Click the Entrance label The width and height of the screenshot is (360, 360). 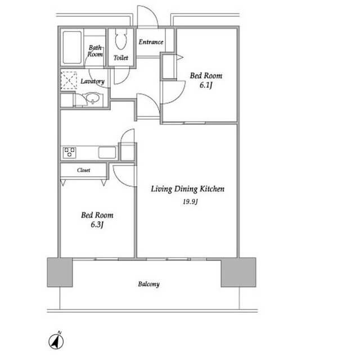pos(151,42)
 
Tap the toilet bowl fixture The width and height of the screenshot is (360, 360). pos(121,39)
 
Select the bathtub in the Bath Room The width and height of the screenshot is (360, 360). pos(72,47)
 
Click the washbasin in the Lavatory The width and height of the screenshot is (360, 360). pos(92,98)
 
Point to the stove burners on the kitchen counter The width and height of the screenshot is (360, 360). pos(69,152)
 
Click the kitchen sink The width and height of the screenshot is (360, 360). pos(107,152)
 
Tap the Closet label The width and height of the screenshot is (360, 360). pos(83,170)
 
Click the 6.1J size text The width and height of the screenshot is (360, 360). pos(205,85)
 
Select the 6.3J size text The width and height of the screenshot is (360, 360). pos(97,224)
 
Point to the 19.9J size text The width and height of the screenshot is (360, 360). pos(190,202)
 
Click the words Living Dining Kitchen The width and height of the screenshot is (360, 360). pos(187,189)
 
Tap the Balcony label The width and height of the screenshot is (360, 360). pos(148,284)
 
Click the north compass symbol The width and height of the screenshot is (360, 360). pos(56,341)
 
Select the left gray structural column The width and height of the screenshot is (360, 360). pos(60,272)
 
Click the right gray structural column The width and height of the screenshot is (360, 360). pos(238,272)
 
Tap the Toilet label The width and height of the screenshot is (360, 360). pos(121,57)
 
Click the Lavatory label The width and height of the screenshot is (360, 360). pos(92,81)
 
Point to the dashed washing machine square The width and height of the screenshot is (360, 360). pos(69,80)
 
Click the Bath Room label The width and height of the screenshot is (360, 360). pos(95,51)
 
